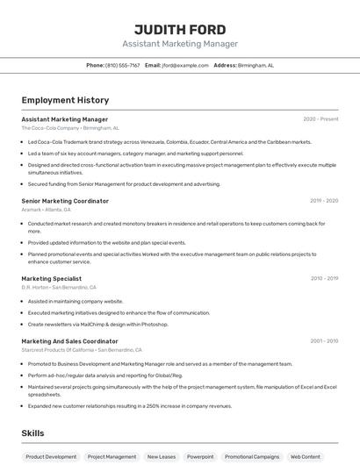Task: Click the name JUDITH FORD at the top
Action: click(x=179, y=29)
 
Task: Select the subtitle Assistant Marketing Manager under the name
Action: click(x=179, y=44)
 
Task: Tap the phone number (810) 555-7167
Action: click(x=122, y=65)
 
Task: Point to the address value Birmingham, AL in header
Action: click(x=256, y=65)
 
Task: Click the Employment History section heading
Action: click(x=65, y=100)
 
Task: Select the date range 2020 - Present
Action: click(x=320, y=119)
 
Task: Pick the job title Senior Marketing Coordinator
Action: click(x=65, y=201)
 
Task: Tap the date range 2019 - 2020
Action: click(x=324, y=201)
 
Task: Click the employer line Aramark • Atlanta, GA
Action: click(x=47, y=210)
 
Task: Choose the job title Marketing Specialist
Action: click(x=52, y=278)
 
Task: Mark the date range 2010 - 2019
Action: click(x=324, y=278)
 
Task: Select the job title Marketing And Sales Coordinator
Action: click(x=69, y=340)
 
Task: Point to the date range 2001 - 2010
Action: click(x=324, y=340)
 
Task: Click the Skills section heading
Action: click(x=32, y=433)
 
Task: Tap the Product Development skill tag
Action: click(x=51, y=456)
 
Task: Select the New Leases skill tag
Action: click(x=162, y=456)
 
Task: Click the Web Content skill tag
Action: click(x=305, y=456)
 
